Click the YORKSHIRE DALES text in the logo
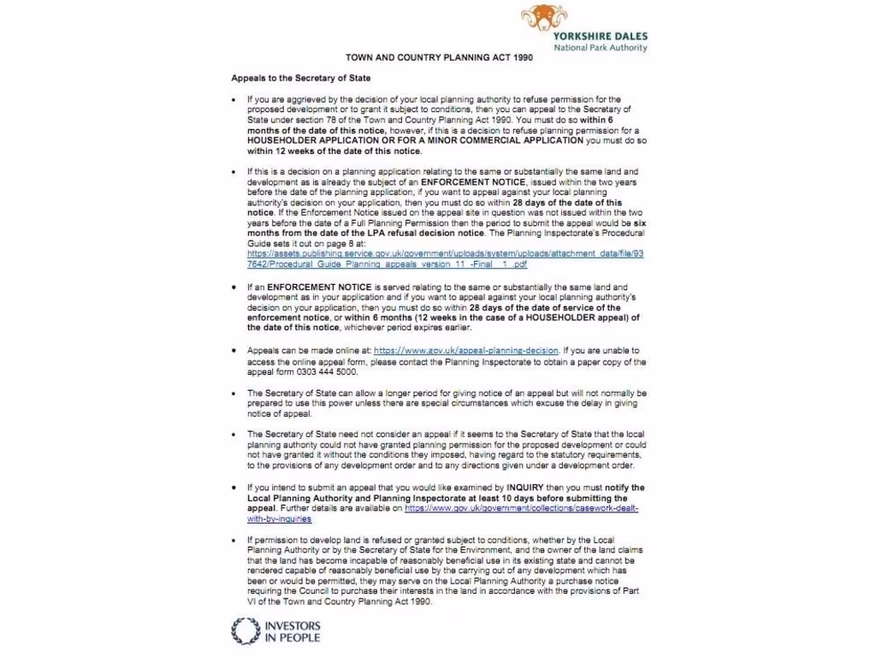pos(600,37)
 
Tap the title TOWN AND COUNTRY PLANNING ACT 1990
pos(439,58)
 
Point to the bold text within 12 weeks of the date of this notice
pos(334,151)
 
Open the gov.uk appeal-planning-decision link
pos(466,351)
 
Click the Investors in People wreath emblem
pos(244,631)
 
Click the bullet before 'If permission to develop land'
pos(234,540)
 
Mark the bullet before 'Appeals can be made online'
pos(234,351)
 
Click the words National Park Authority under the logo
pos(600,48)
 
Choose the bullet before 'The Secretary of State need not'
pos(234,435)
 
